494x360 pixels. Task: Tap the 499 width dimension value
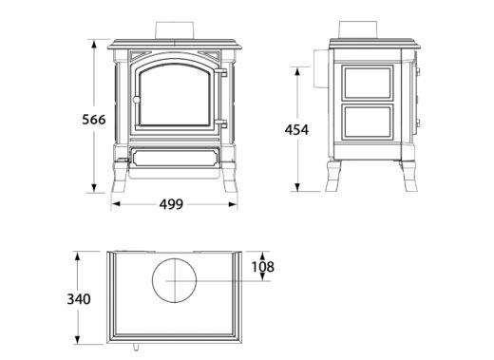pos(172,203)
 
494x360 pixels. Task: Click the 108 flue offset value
pos(261,267)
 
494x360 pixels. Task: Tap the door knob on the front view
pos(137,101)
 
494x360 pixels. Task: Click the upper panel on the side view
pos(366,85)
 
